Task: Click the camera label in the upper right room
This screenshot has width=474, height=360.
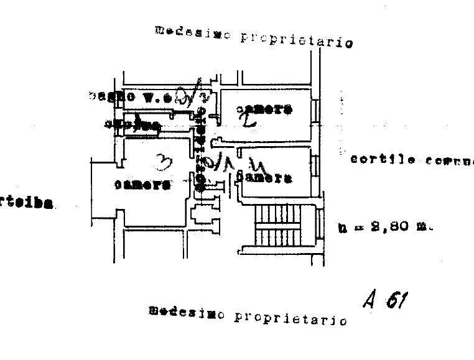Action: pyautogui.click(x=264, y=110)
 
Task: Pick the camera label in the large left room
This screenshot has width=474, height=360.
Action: pyautogui.click(x=142, y=185)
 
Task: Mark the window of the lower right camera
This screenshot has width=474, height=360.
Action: pyautogui.click(x=315, y=167)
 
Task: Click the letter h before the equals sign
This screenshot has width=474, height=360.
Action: pyautogui.click(x=342, y=228)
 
